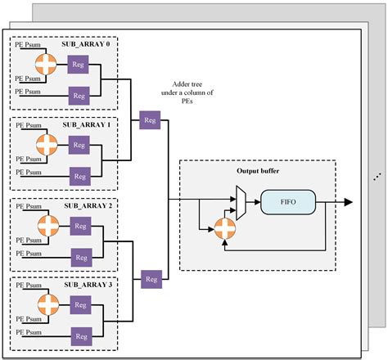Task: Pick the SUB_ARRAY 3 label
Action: [x=88, y=286]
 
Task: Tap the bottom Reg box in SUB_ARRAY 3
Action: [x=79, y=337]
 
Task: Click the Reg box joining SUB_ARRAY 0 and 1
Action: [x=149, y=119]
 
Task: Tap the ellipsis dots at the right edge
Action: [x=376, y=177]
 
